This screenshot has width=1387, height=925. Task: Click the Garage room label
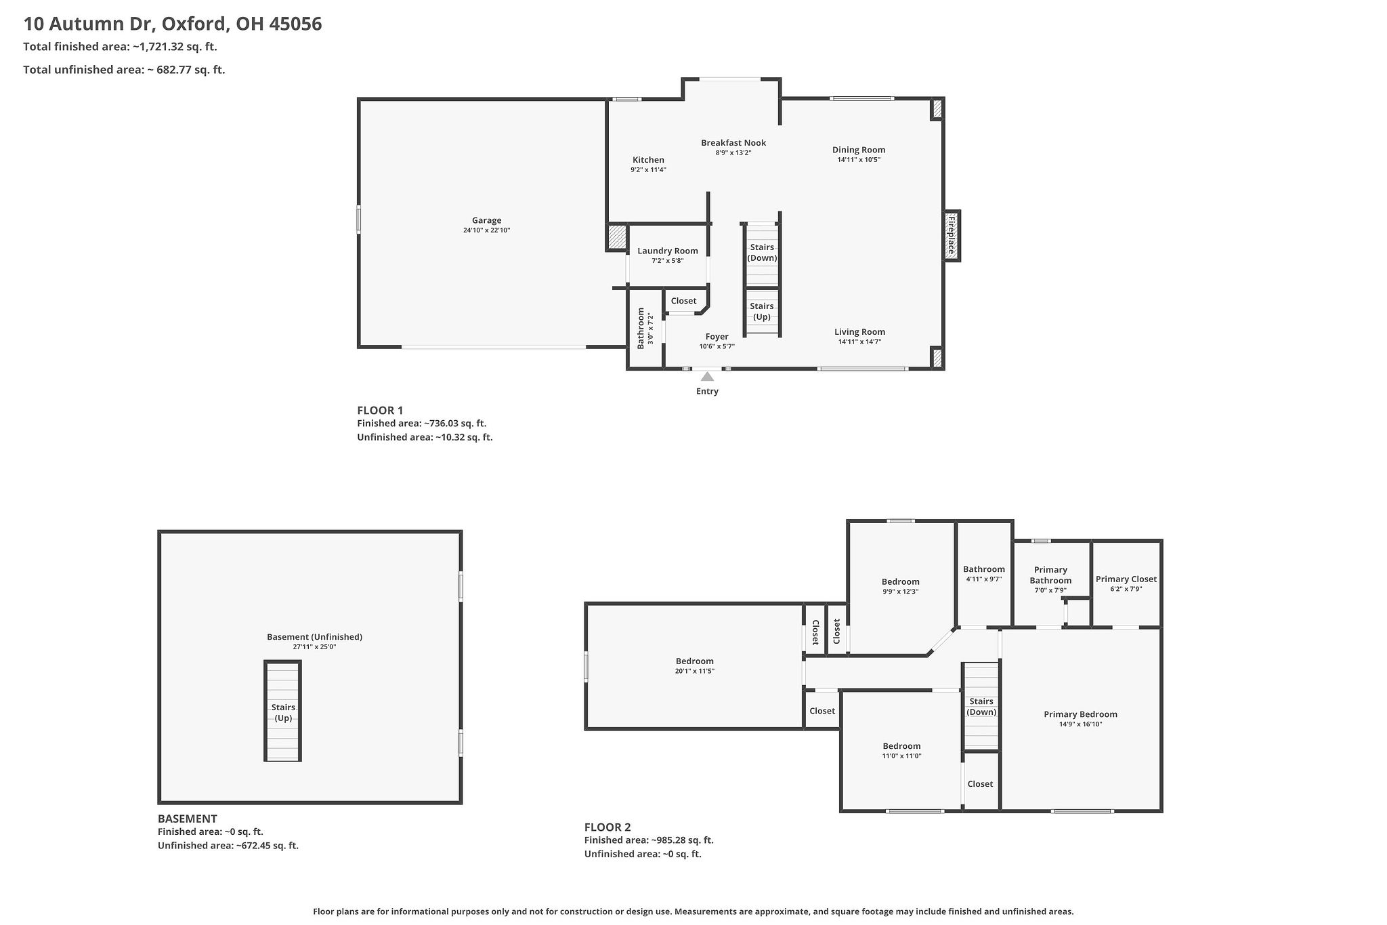(x=486, y=220)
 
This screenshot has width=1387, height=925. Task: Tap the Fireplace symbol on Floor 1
(x=952, y=235)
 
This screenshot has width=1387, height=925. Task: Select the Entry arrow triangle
(x=707, y=377)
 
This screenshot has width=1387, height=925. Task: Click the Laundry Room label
(x=667, y=251)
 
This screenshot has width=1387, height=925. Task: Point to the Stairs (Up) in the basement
(x=283, y=712)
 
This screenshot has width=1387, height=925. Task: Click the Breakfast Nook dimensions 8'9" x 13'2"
(x=733, y=153)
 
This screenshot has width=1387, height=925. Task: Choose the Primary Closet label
(x=1126, y=579)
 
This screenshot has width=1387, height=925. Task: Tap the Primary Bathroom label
(x=1050, y=575)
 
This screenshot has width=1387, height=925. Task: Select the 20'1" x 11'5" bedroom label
(x=694, y=661)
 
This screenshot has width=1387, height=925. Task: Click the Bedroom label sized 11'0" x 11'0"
(x=901, y=746)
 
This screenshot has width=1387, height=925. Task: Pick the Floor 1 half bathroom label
(x=641, y=328)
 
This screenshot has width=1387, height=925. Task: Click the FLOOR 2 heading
(x=607, y=827)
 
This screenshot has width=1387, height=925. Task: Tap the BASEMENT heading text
(x=188, y=818)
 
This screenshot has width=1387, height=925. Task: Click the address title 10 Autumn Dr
(x=173, y=24)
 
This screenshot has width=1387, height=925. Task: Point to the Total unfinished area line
(x=124, y=69)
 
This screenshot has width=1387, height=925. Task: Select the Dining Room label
(x=859, y=150)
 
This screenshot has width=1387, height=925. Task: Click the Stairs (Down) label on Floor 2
(x=981, y=706)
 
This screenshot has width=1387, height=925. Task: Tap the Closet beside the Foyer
(x=683, y=301)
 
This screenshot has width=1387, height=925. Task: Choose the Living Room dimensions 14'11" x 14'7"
(x=859, y=342)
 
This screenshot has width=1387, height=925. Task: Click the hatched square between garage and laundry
(x=616, y=237)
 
